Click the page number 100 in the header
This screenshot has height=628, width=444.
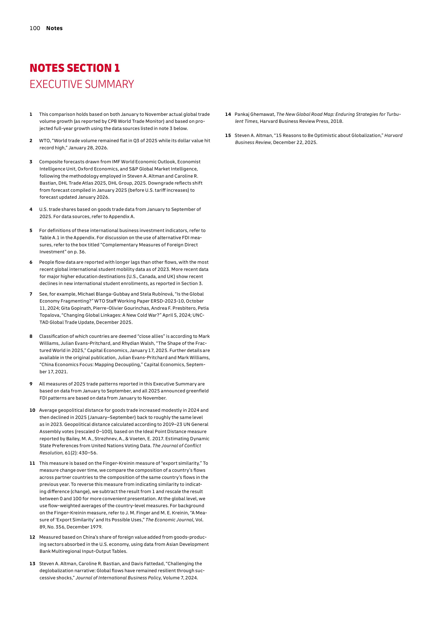click(35, 28)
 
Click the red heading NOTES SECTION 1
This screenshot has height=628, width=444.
click(75, 68)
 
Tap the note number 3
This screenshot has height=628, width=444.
click(31, 162)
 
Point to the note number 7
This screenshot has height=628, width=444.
click(31, 294)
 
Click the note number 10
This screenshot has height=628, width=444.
click(32, 410)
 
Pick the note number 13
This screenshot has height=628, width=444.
click(32, 563)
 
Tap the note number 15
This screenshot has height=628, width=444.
click(228, 135)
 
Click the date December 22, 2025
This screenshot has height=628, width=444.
click(295, 142)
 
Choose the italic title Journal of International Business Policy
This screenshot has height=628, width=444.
click(118, 578)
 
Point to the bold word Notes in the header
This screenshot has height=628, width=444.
click(54, 28)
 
